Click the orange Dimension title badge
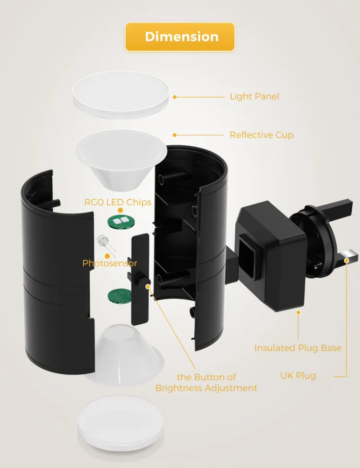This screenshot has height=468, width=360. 180,37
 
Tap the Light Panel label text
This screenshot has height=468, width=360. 254,97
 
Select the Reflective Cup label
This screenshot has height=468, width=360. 262,135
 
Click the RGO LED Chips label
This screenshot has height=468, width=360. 118,202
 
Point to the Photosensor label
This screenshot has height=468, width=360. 110,263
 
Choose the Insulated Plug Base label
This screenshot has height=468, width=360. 298,348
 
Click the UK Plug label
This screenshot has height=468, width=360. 298,375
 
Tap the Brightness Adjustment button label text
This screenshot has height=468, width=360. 206,382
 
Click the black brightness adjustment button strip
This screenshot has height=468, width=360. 141,278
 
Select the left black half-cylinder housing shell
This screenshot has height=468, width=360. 56,273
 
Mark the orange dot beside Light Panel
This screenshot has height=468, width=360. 174,97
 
